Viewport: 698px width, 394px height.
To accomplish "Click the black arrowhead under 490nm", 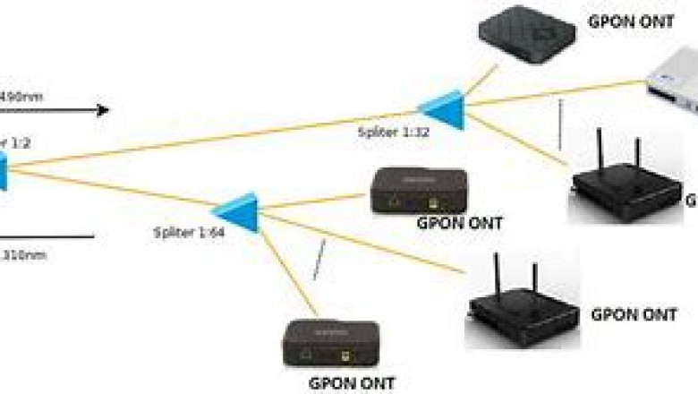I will tap(103, 110).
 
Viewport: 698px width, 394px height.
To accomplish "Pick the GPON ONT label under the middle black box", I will tap(459, 223).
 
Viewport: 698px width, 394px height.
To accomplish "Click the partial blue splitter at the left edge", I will tap(3, 170).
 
